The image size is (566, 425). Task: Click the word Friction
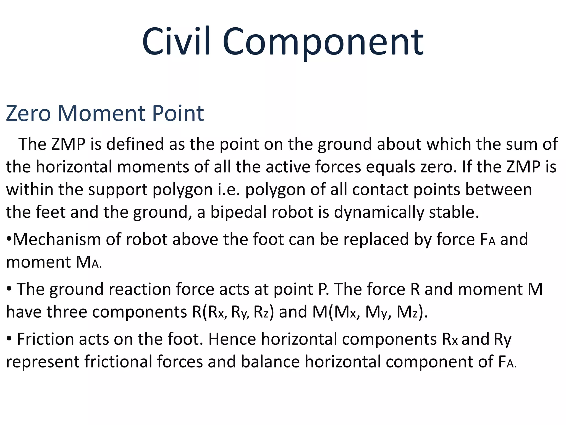(45, 339)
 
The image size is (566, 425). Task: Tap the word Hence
(232, 339)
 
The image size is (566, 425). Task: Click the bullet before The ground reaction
(9, 289)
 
